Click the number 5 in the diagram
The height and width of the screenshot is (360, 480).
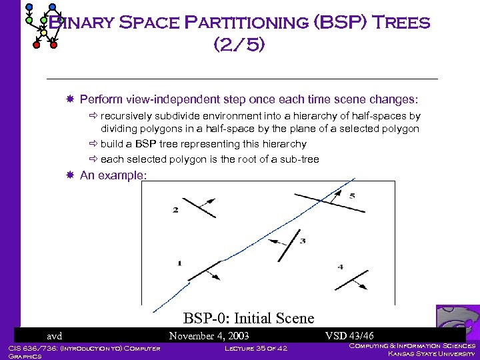click(x=351, y=196)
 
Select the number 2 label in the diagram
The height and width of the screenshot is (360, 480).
click(x=175, y=210)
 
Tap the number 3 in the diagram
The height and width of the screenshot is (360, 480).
click(x=302, y=241)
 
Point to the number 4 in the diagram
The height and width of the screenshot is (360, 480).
click(x=340, y=267)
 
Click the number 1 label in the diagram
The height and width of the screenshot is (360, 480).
click(x=179, y=263)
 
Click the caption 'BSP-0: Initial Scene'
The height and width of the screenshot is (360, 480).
click(x=248, y=318)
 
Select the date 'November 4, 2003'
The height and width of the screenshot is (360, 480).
click(x=209, y=336)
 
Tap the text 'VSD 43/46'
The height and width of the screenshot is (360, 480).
click(x=349, y=336)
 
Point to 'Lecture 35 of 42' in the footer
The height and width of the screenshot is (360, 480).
click(x=255, y=348)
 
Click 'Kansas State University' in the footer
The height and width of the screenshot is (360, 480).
click(x=431, y=354)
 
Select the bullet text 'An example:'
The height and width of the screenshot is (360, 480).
click(x=113, y=175)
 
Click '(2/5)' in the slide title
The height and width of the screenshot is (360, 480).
click(x=239, y=45)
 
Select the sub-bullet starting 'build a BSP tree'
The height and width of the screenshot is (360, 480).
click(x=203, y=144)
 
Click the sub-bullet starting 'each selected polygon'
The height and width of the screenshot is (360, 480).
click(x=209, y=159)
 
